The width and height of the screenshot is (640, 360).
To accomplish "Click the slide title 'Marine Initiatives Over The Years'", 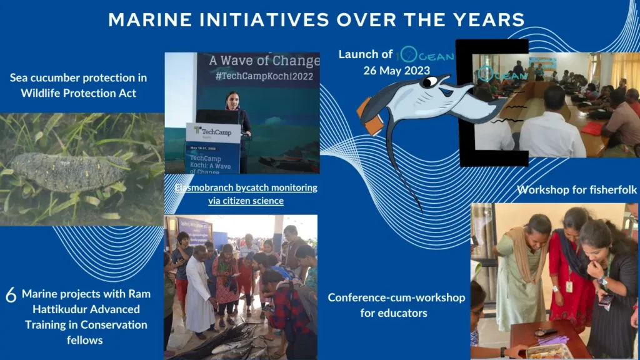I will (x=316, y=19).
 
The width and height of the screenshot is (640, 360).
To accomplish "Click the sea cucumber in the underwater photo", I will (x=69, y=171).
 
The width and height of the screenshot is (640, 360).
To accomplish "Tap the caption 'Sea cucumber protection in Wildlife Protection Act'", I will (x=78, y=86).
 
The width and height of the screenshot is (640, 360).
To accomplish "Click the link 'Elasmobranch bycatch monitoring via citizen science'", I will (x=246, y=194).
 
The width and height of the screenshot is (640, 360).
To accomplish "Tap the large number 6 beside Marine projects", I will (x=11, y=296).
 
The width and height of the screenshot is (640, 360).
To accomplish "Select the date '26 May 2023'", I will (x=396, y=70).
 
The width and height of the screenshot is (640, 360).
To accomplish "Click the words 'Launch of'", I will (x=366, y=54).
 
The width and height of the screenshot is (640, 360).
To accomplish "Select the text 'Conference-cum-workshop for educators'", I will (x=396, y=304).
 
